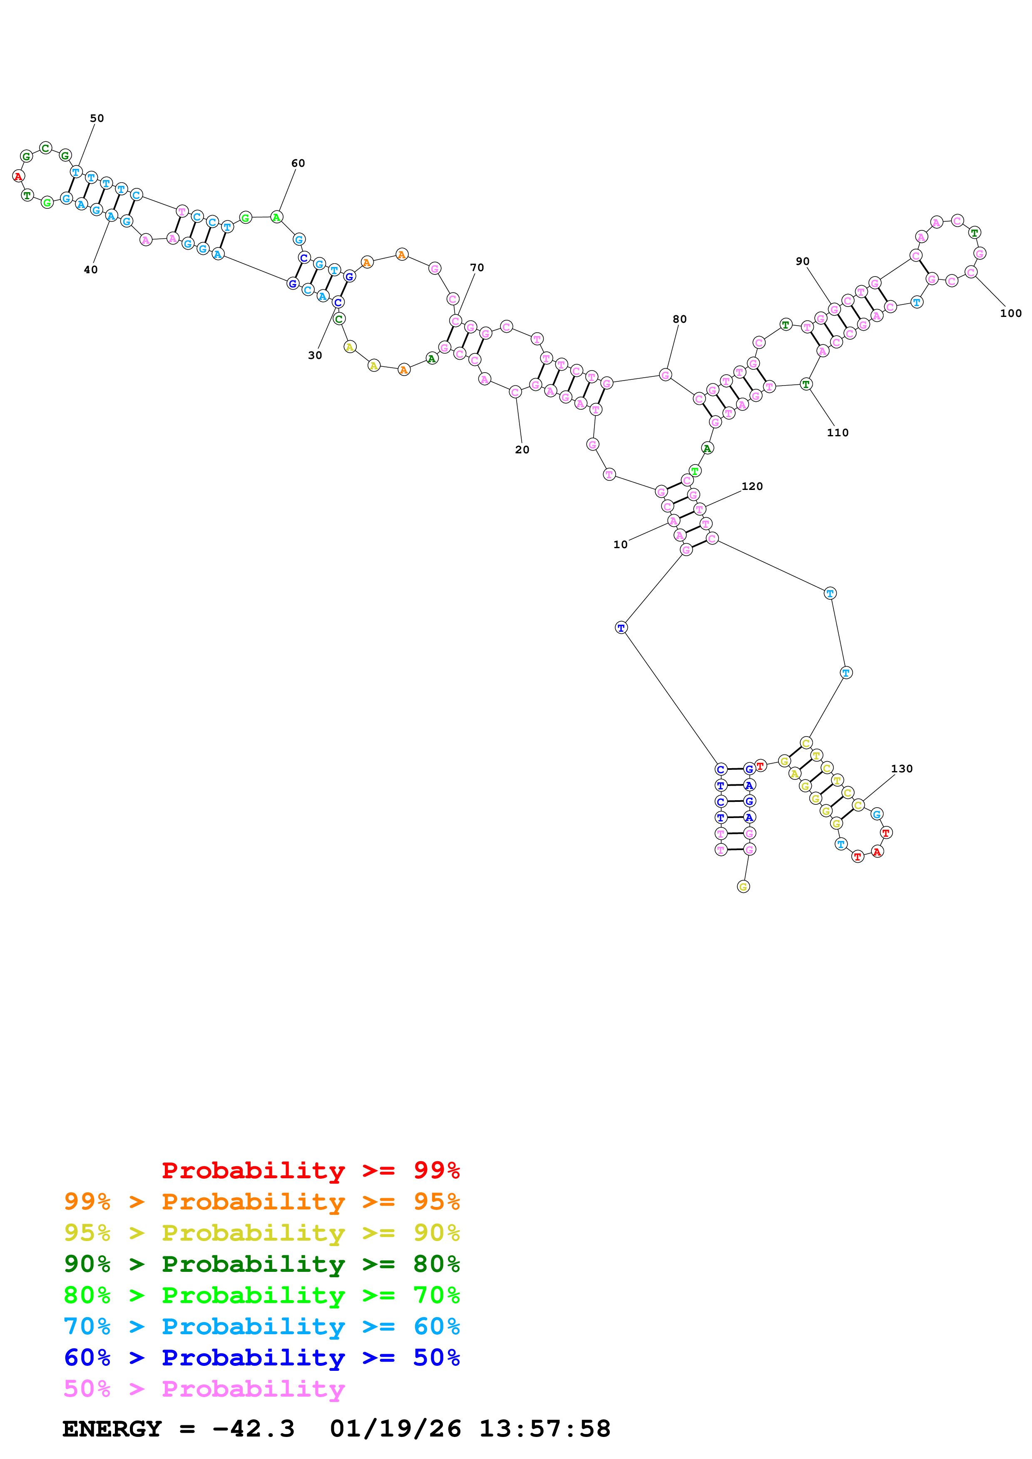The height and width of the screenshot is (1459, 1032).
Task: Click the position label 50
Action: pyautogui.click(x=97, y=118)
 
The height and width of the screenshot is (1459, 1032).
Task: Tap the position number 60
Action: pyautogui.click(x=298, y=163)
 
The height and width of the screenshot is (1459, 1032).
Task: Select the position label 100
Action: pyautogui.click(x=1010, y=313)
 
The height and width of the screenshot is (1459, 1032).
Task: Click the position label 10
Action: pyautogui.click(x=620, y=544)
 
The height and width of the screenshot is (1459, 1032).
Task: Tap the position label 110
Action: pyautogui.click(x=838, y=433)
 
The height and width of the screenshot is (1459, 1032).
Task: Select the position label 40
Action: pyautogui.click(x=91, y=270)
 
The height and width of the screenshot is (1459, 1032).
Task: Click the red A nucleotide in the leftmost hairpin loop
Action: pyautogui.click(x=18, y=176)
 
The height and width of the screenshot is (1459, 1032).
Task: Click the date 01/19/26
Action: pyautogui.click(x=395, y=1429)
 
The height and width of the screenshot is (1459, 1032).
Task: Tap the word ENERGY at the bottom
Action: pyautogui.click(x=112, y=1429)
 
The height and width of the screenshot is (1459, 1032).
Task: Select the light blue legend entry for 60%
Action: pyautogui.click(x=261, y=1326)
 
